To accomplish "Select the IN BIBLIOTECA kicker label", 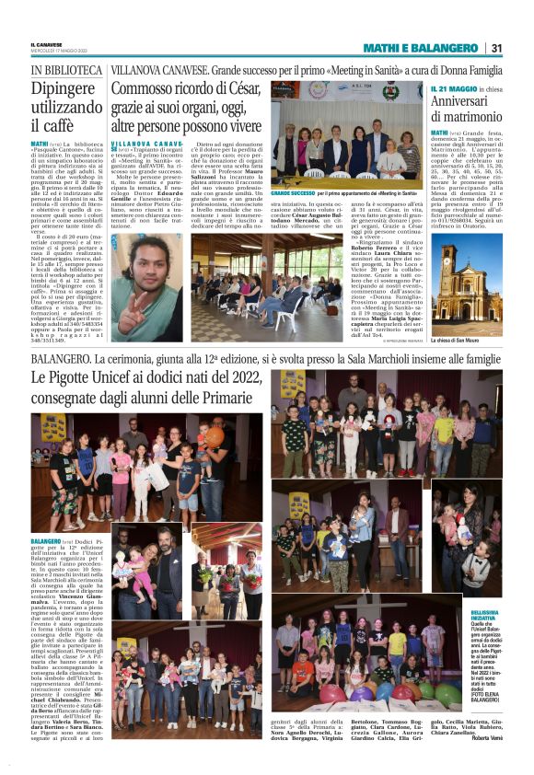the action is [66, 70].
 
